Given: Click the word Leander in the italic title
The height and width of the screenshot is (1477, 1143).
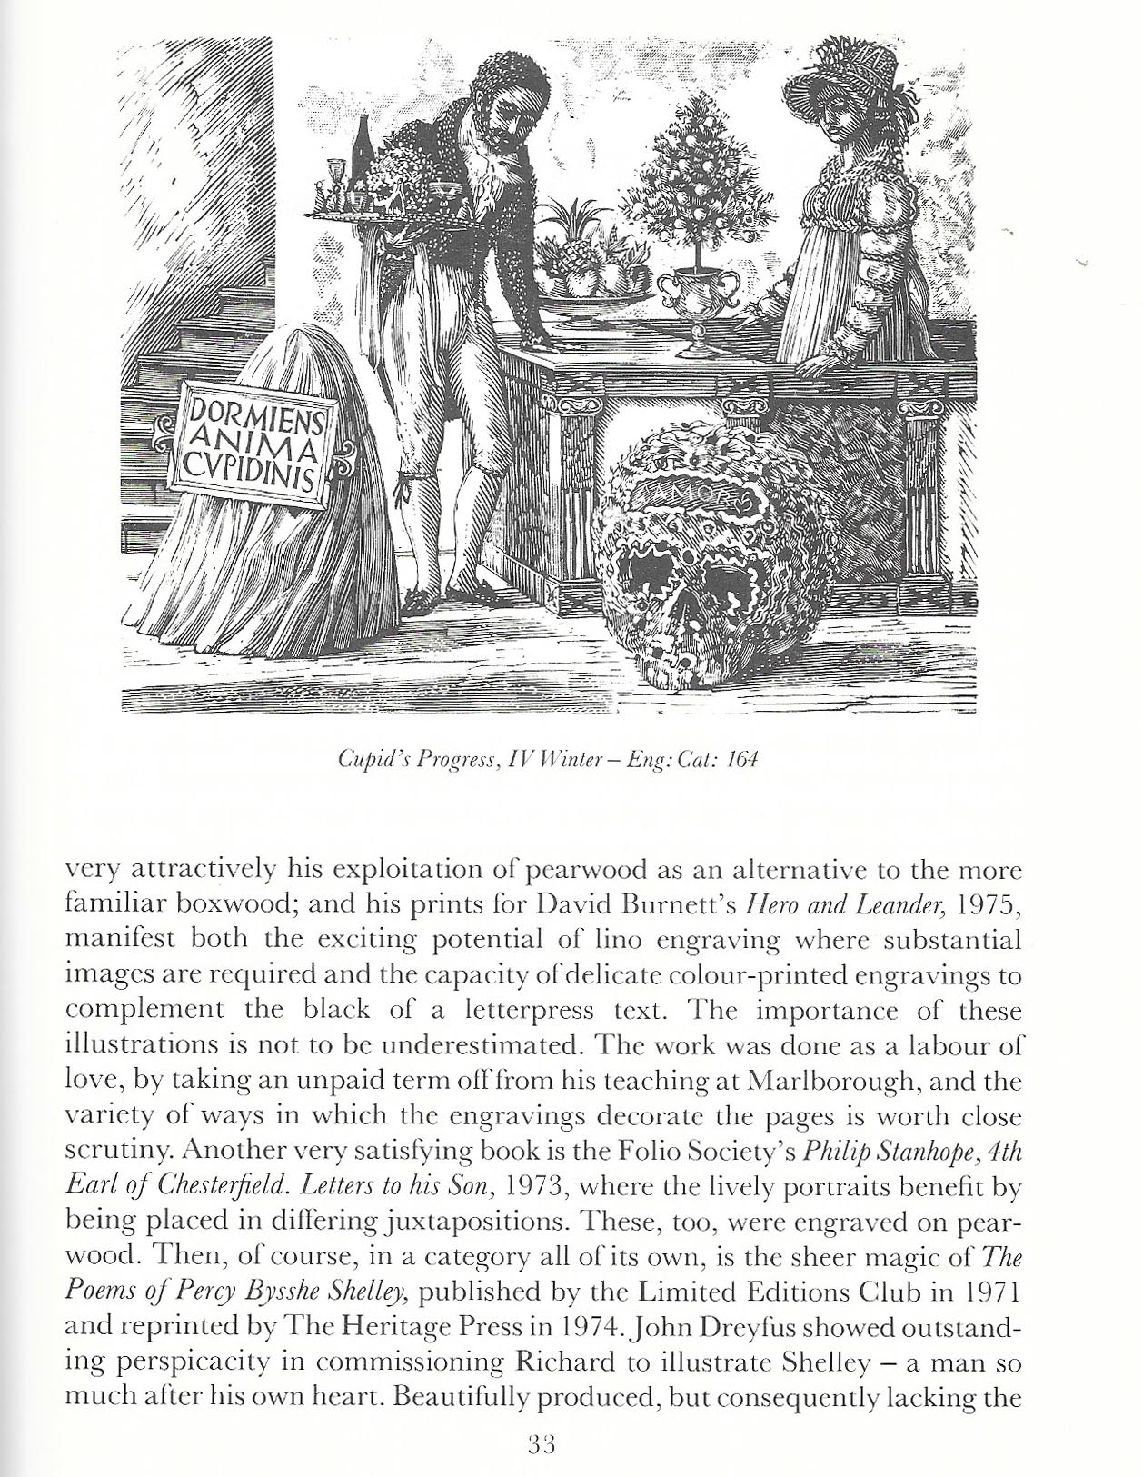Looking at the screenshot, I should (873, 904).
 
